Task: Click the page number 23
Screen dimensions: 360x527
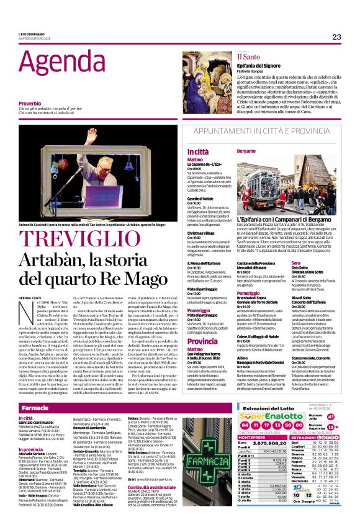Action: [336, 37]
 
